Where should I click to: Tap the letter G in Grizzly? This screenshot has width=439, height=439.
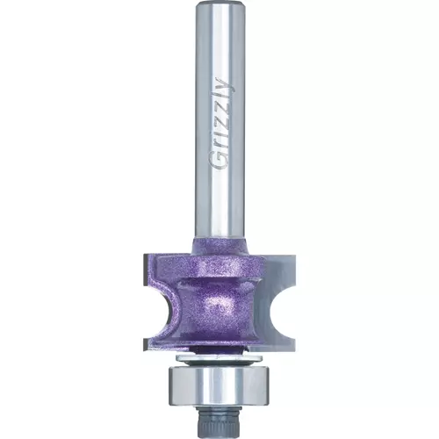pyautogui.click(x=221, y=162)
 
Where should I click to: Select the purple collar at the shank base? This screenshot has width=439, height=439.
pyautogui.click(x=220, y=246)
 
